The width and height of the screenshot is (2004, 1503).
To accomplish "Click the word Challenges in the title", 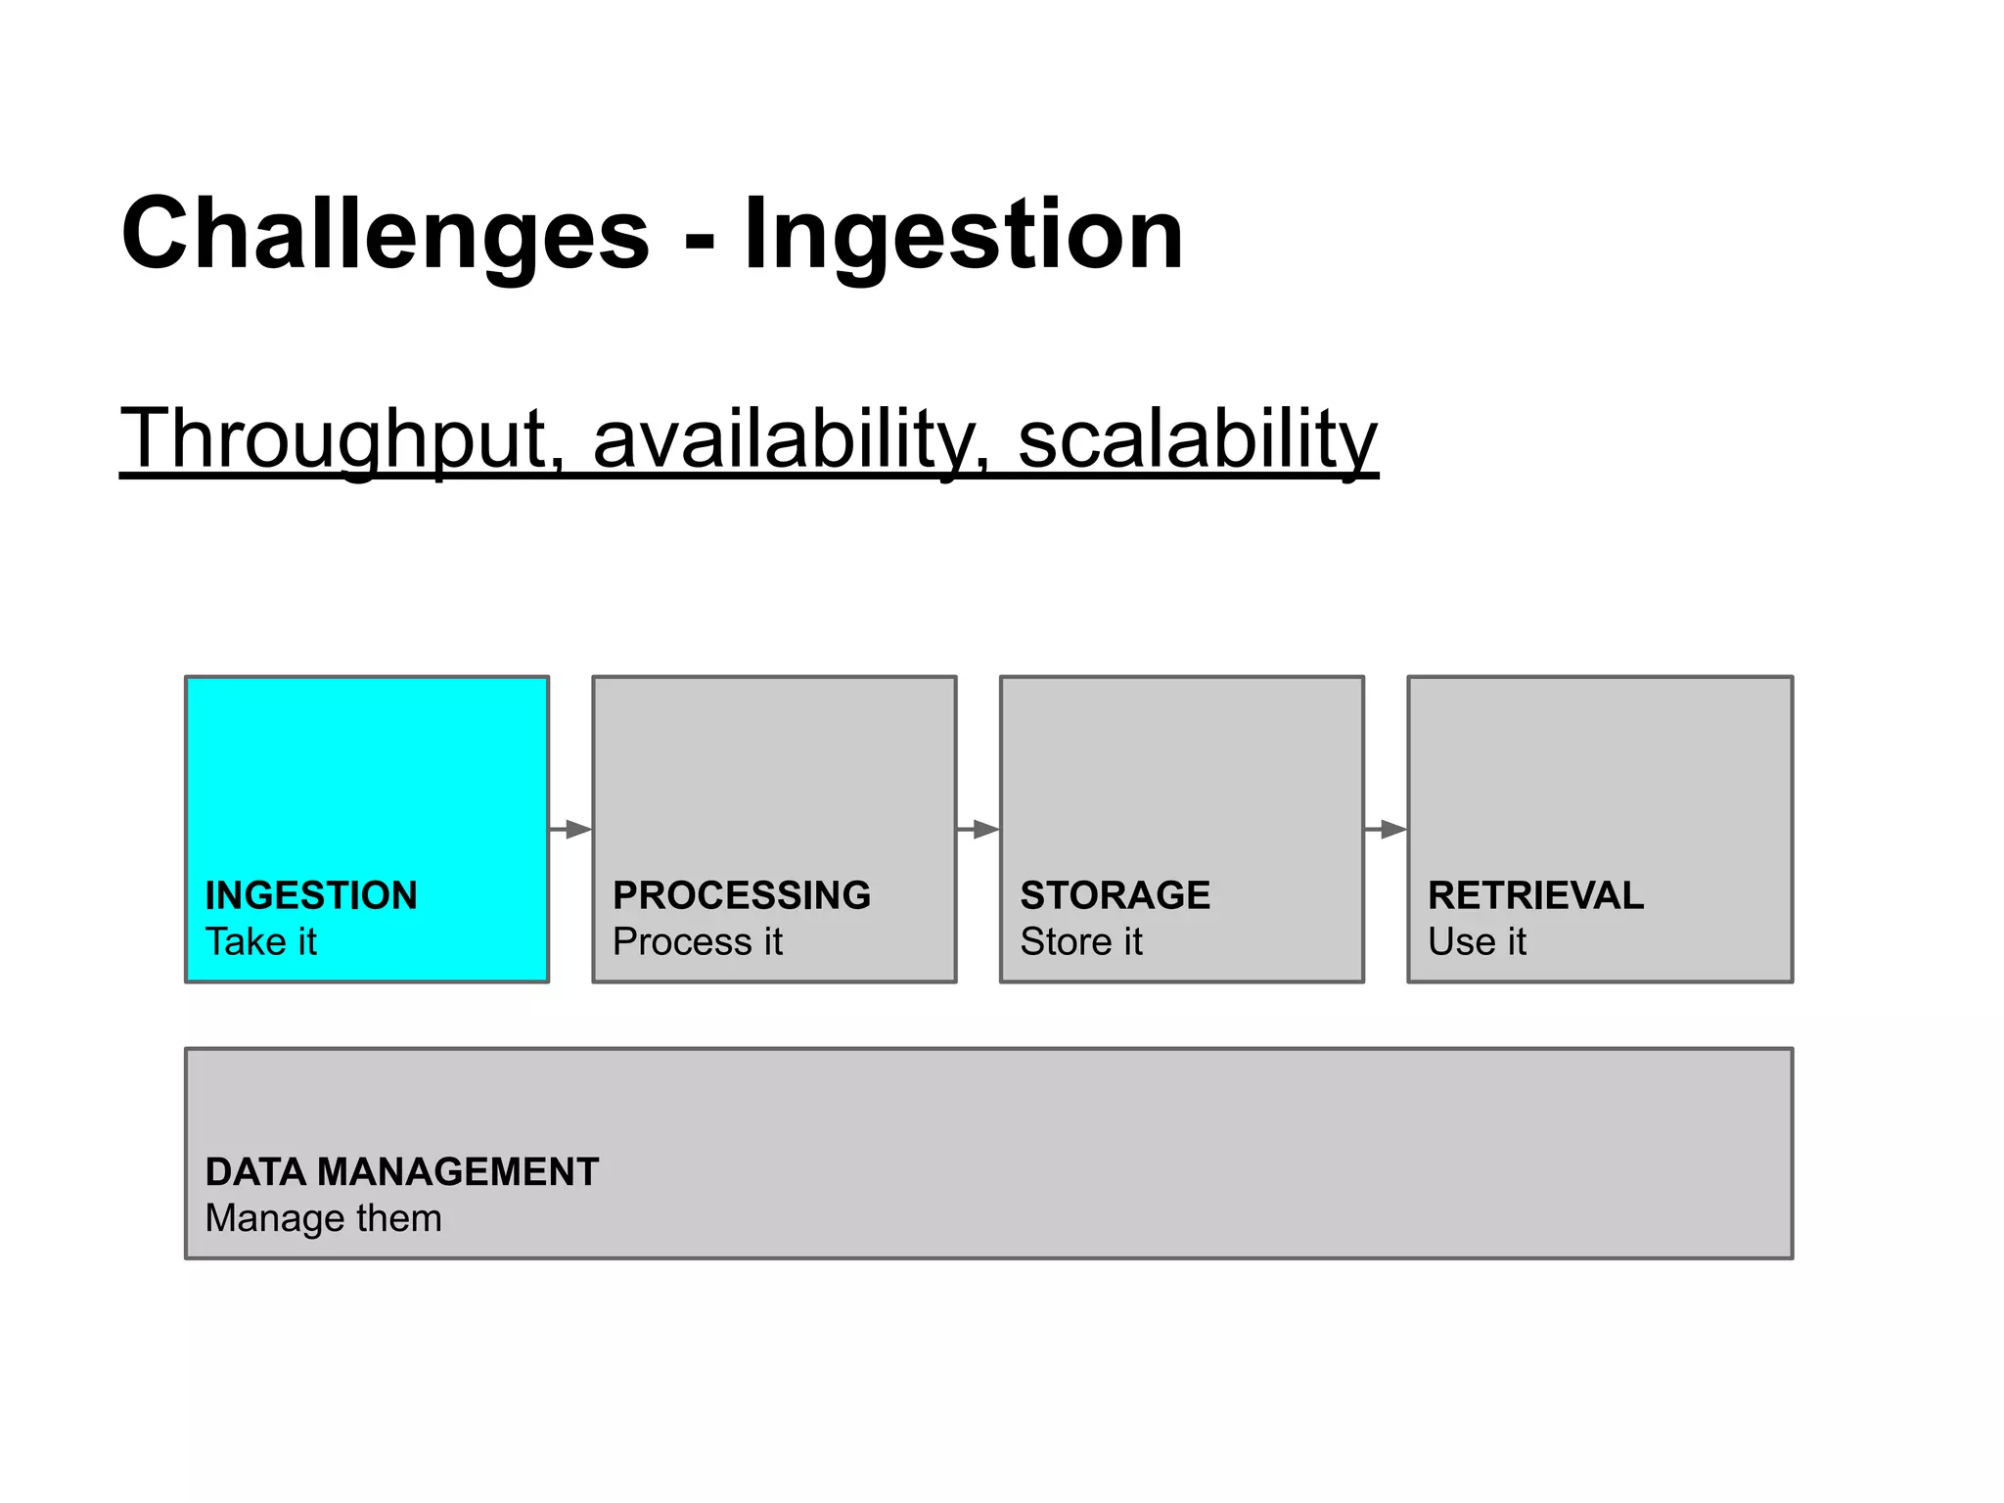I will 385,235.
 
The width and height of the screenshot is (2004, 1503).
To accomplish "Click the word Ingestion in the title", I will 963,235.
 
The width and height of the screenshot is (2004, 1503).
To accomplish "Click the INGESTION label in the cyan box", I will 311,895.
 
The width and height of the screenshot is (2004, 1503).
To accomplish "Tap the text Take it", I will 261,941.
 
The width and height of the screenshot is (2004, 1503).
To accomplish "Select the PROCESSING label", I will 741,895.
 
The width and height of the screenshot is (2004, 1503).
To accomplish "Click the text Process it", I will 697,941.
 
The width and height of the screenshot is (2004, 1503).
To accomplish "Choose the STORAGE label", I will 1115,895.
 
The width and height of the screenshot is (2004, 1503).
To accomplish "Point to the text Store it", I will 1080,941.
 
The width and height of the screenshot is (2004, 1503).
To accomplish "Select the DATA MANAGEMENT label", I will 401,1171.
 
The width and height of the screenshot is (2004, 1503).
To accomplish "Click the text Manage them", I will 323,1218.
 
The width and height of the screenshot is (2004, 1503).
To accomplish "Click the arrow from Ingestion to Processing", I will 570,830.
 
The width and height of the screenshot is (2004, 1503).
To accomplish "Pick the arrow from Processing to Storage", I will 978,830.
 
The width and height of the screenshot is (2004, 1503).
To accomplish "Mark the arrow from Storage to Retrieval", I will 1385,830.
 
